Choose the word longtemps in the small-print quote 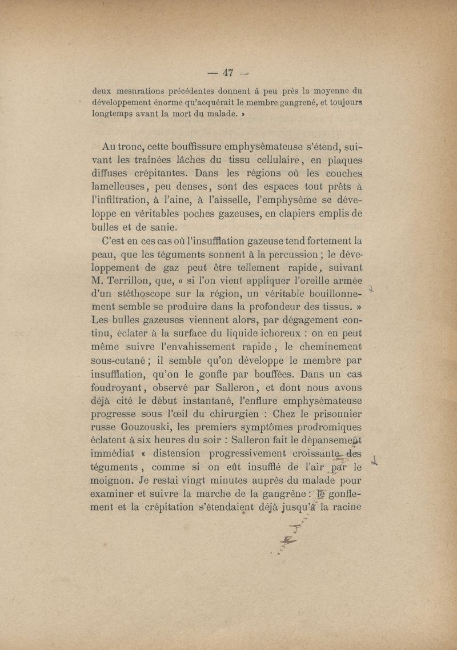tap(113, 113)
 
